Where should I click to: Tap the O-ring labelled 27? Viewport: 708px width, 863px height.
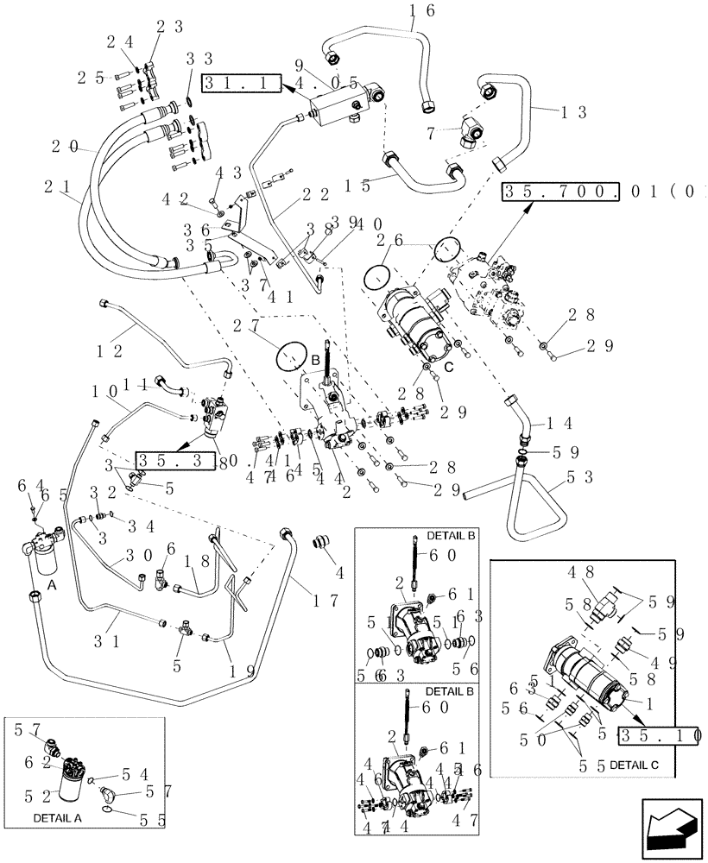[293, 355]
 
